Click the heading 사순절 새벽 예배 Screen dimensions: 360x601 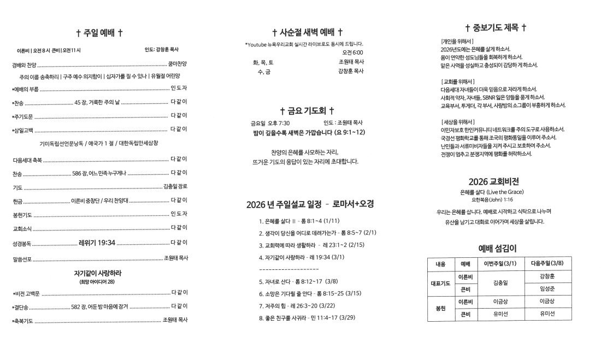click(x=307, y=32)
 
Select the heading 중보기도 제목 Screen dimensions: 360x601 click(x=496, y=28)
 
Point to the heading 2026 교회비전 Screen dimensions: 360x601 click(x=493, y=181)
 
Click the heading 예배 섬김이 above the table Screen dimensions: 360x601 click(x=498, y=248)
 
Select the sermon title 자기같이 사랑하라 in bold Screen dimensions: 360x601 click(x=98, y=273)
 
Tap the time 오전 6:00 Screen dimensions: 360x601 click(x=352, y=52)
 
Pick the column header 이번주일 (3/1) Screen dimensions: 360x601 click(x=500, y=264)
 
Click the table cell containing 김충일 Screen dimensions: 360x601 click(x=500, y=283)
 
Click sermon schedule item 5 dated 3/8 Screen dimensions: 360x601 click(x=299, y=282)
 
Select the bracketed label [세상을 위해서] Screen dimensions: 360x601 click(x=458, y=121)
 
